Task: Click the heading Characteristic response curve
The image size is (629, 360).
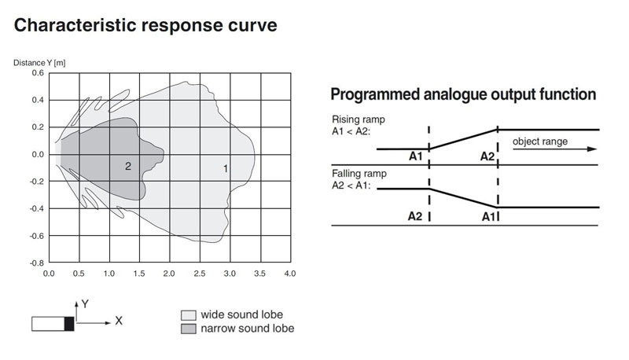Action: point(145,25)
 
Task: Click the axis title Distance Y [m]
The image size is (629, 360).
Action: point(39,63)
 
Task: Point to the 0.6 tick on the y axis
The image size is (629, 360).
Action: point(38,73)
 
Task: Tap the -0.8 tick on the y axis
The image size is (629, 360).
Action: point(37,263)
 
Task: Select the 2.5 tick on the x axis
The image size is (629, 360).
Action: point(200,274)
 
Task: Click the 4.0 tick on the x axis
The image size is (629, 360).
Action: point(290,274)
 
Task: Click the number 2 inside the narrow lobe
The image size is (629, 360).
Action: point(128,167)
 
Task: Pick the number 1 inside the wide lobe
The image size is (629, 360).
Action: point(226,169)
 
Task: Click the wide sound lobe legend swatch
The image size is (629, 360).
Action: point(189,315)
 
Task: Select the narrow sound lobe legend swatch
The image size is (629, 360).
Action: point(189,329)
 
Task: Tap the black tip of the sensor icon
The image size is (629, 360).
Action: point(69,324)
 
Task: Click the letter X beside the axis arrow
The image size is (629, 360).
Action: point(119,321)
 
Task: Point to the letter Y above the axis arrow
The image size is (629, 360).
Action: point(85,304)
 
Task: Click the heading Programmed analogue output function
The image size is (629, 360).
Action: point(463,94)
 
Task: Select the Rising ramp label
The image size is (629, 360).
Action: point(359,119)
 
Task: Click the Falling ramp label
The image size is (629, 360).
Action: point(359,174)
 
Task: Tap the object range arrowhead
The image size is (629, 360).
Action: point(592,149)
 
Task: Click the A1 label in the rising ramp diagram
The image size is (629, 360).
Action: point(416,156)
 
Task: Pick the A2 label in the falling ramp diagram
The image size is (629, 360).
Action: point(415,216)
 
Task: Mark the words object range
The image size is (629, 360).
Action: point(540,141)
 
